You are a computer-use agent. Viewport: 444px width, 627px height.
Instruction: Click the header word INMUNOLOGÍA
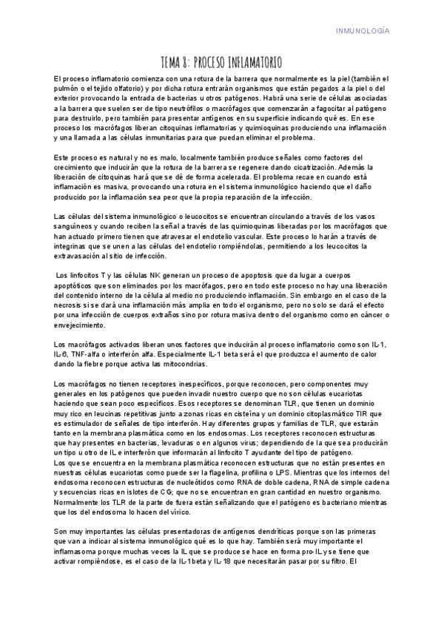[x=363, y=31]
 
